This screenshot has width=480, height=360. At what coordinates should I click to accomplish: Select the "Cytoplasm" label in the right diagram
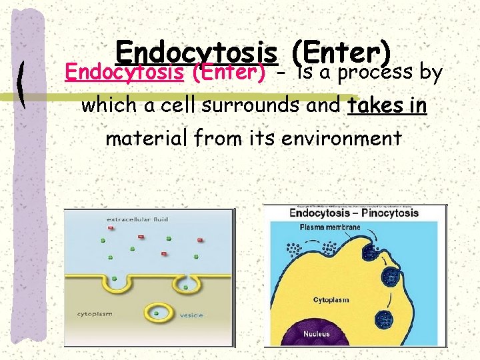[x=331, y=300]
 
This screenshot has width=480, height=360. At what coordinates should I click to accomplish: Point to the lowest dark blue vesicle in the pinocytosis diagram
[x=385, y=319]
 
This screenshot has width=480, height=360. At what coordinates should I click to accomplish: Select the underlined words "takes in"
[x=387, y=105]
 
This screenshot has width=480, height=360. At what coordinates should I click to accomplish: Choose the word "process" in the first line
[x=376, y=72]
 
